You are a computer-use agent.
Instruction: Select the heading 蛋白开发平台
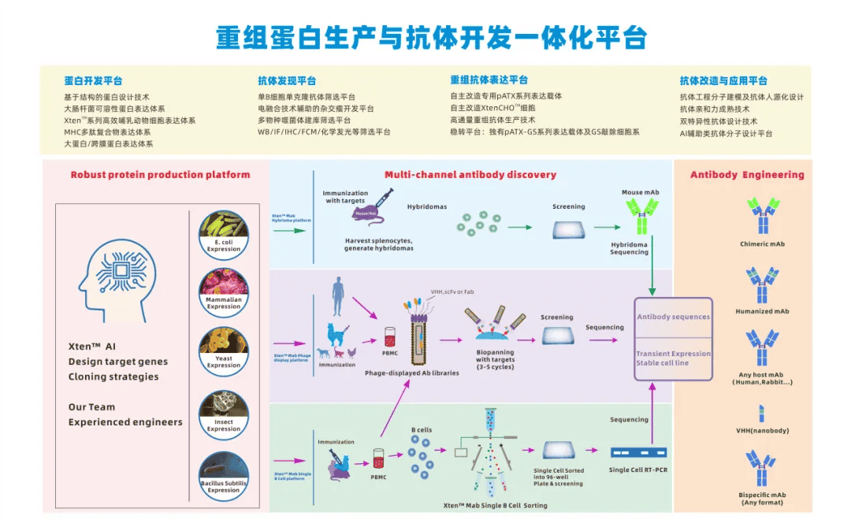pos(93,80)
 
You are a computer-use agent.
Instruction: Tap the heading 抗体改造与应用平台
pos(723,80)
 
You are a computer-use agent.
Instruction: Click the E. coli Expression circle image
pos(224,232)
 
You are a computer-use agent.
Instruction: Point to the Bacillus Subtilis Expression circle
pos(224,471)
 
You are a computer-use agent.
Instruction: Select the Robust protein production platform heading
pos(160,175)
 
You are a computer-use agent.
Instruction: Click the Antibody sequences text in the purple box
pos(673,317)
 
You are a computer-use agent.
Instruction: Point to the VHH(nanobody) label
pos(761,431)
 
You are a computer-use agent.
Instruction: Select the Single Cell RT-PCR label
pos(639,470)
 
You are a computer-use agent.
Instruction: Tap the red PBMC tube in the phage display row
pos(389,337)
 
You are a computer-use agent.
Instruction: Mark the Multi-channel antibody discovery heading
pos(470,175)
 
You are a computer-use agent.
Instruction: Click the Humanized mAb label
pos(761,311)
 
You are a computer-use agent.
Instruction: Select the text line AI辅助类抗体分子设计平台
pos(726,133)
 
